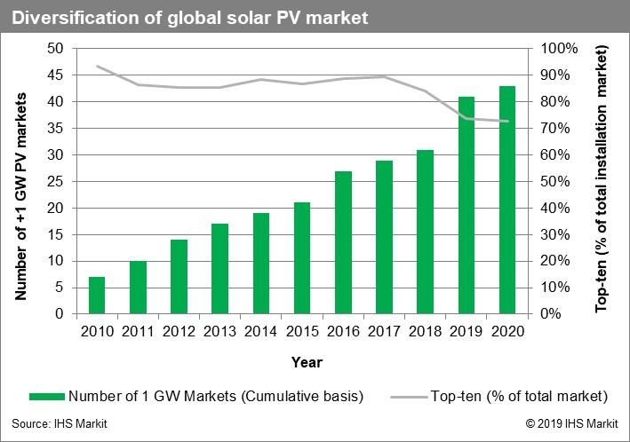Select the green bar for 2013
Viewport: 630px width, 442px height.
coord(220,269)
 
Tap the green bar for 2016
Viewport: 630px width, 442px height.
coord(343,242)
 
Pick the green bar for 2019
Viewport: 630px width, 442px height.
coord(467,205)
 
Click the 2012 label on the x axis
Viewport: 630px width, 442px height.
coord(179,332)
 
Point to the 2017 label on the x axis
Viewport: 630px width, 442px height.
coord(384,332)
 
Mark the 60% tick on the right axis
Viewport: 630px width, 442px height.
coord(560,154)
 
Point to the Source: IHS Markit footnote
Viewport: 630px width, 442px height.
coord(60,424)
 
